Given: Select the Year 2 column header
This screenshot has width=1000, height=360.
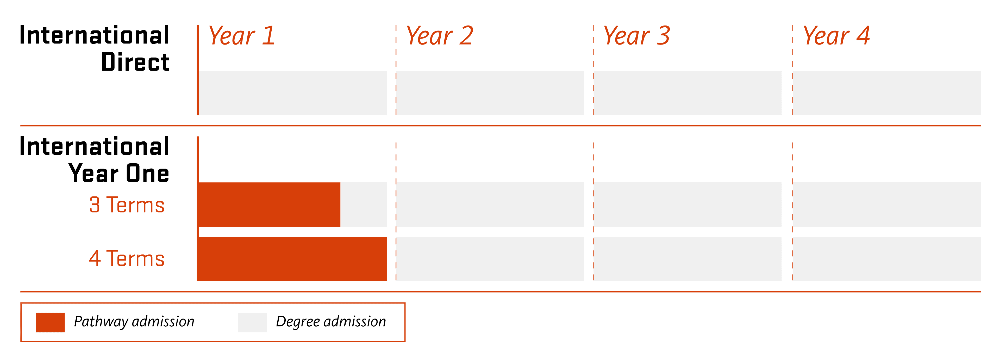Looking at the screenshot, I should point(439,36).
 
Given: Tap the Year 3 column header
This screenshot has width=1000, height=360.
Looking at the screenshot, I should point(637,36).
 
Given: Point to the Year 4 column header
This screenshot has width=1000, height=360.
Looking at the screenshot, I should point(836,36).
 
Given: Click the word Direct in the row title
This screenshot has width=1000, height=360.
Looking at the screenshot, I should point(135,62).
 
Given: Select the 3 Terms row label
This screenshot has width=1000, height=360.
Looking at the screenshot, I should point(127,205).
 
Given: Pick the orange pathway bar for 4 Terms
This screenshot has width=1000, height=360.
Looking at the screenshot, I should point(292,259).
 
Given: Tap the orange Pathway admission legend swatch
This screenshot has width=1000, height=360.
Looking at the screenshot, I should point(50,322).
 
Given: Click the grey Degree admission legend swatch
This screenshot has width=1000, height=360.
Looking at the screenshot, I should point(252,322).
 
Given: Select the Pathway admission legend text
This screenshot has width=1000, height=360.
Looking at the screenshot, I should point(134,321).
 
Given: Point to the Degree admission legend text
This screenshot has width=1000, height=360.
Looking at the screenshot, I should point(331,321).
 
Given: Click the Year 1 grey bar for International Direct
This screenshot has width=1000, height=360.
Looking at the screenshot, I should point(293,93).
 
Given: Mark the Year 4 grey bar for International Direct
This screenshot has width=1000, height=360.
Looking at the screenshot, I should point(887,93).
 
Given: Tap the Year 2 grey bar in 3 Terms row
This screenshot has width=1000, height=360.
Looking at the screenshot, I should point(490,205).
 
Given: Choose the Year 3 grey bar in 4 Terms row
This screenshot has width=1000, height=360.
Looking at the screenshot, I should point(687,259).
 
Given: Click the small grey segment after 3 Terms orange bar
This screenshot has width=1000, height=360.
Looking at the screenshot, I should point(363,205).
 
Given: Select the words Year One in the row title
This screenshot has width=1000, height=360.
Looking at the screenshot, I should point(119,173).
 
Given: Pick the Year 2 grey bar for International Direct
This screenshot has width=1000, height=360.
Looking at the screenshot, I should point(490,93).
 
